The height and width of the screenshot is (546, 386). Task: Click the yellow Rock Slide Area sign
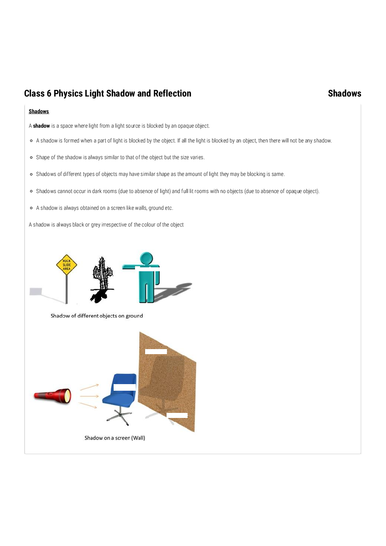tap(67, 265)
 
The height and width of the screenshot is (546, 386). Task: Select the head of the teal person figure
tap(147, 258)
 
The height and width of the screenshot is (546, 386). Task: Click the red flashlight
tap(53, 396)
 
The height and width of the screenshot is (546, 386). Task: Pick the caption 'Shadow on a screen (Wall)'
tap(115, 438)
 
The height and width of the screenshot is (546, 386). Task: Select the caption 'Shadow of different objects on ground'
tap(96, 316)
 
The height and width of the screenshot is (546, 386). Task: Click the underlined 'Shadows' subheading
tap(39, 111)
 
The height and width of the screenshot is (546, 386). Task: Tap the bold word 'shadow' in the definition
tap(41, 126)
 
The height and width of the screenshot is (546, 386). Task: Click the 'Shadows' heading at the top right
tap(344, 93)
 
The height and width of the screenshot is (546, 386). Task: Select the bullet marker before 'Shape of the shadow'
tap(31, 158)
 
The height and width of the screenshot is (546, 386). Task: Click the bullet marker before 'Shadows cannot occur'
tap(31, 191)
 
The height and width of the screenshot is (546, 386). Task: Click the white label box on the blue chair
tap(125, 387)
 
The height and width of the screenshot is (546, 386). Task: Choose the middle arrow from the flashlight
tap(89, 396)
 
